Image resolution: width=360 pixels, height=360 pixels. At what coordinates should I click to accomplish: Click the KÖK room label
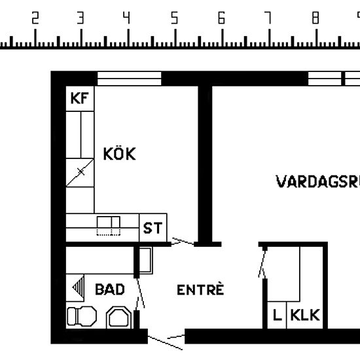pos(120,154)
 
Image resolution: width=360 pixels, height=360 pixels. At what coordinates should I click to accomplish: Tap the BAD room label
pos(109,289)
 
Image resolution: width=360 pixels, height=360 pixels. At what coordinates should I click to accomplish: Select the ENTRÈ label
pos(200,289)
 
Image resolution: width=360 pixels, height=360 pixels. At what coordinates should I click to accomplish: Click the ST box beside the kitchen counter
pos(153,228)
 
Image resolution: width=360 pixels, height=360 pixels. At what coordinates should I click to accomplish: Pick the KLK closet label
pos(305,315)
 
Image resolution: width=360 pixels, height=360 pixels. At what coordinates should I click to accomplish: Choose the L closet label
pos(277,315)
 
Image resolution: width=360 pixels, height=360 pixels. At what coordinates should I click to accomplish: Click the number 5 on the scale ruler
pos(175,18)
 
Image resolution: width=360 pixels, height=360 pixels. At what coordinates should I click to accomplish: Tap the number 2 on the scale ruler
pos(35,18)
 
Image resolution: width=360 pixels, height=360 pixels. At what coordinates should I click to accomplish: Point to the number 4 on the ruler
pos(128,18)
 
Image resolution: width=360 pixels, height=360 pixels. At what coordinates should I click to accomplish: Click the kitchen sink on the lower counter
pos(109,226)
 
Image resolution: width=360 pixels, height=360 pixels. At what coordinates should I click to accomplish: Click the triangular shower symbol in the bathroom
pos(79,287)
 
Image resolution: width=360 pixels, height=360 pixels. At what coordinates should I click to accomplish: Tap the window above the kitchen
pos(129,79)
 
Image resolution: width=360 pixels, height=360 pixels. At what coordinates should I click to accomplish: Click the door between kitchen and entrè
pos(183,243)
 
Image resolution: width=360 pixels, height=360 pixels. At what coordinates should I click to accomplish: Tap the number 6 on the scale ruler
pos(221,18)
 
